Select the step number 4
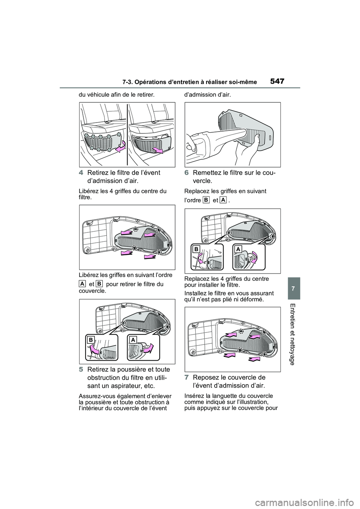point(81,172)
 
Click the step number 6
point(187,172)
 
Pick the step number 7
point(187,377)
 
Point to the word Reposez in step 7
point(206,377)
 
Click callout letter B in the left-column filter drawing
point(91,339)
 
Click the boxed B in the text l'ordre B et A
point(205,201)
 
